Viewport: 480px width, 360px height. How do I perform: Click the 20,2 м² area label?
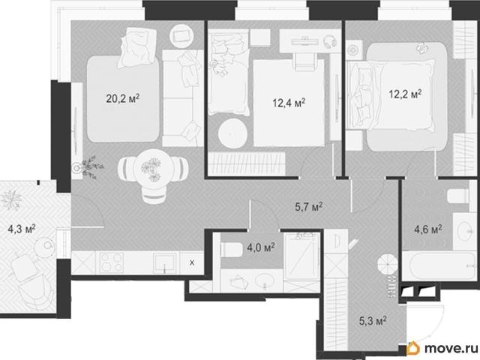(123, 98)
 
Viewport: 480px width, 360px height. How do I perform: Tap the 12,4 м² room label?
(289, 103)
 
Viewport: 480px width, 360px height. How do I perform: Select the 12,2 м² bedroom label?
(405, 94)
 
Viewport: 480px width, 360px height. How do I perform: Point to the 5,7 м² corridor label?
(308, 207)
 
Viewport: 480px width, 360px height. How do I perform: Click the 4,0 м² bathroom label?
(261, 247)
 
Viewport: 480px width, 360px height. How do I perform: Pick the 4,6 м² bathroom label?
(428, 229)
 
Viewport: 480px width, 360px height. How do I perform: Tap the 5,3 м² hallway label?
(373, 321)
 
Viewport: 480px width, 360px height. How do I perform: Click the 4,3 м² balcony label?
(22, 229)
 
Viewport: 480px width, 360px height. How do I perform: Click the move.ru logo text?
(451, 348)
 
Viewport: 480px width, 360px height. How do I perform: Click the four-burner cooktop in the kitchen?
(111, 262)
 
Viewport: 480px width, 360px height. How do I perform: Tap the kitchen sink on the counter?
(165, 263)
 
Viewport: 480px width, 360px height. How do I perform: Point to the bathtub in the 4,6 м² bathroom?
(439, 265)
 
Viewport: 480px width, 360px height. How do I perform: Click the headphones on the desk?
(330, 41)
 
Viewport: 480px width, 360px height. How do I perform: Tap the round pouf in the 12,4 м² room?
(232, 133)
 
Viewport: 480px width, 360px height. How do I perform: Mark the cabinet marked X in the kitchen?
(192, 262)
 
